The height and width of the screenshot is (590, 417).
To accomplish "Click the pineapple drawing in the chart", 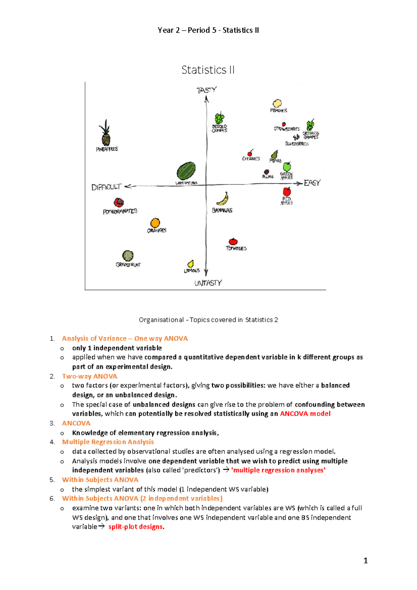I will pyautogui.click(x=106, y=134).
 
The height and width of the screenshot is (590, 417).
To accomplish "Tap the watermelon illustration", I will pyautogui.click(x=186, y=171).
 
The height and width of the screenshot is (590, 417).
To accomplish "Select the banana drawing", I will pyautogui.click(x=223, y=199).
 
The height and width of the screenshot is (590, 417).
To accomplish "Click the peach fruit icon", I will pyautogui.click(x=277, y=103).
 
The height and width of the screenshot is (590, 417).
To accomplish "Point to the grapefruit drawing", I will pyautogui.click(x=128, y=256).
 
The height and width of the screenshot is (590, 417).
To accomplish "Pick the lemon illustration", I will pyautogui.click(x=190, y=264).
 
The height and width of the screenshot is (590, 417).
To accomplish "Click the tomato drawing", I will pyautogui.click(x=233, y=241).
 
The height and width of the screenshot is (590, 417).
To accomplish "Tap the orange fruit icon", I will pyautogui.click(x=155, y=223).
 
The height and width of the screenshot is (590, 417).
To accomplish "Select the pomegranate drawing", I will pyautogui.click(x=119, y=202).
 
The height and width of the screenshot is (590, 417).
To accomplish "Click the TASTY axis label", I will pyautogui.click(x=206, y=90).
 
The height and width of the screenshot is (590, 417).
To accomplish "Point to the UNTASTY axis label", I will pyautogui.click(x=208, y=283).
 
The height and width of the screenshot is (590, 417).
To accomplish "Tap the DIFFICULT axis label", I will pyautogui.click(x=106, y=187).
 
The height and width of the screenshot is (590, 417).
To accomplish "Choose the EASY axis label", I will pyautogui.click(x=312, y=183).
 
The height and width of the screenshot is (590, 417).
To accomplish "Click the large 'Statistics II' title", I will pyautogui.click(x=208, y=70).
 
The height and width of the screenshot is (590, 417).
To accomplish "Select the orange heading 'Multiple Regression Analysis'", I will pyautogui.click(x=108, y=442).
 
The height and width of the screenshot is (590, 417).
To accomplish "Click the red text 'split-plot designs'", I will pyautogui.click(x=136, y=527).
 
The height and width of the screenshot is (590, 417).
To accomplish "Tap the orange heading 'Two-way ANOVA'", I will pyautogui.click(x=90, y=376).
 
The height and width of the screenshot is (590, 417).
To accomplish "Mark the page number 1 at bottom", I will pyautogui.click(x=365, y=560).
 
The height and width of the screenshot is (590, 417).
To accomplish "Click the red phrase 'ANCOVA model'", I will pyautogui.click(x=305, y=414).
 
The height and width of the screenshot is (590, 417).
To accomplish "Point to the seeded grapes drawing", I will pyautogui.click(x=219, y=118).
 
